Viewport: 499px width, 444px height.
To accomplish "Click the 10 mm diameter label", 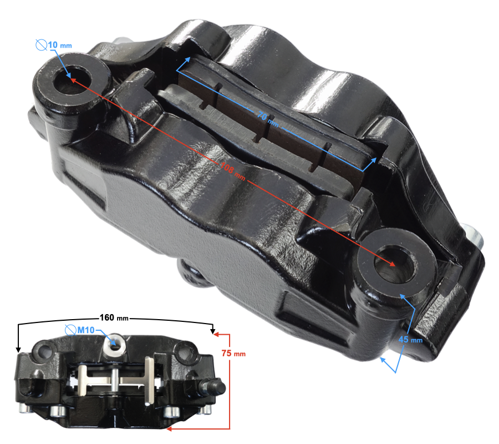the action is pyautogui.click(x=60, y=45).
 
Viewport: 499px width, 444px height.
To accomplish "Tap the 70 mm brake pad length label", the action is pyautogui.click(x=268, y=118).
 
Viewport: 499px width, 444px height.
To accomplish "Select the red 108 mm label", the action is pyautogui.click(x=233, y=171).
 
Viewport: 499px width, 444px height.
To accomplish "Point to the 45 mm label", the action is pyautogui.click(x=410, y=340).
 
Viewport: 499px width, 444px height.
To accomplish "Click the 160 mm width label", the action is pyautogui.click(x=114, y=317).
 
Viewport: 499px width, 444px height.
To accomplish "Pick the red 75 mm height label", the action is pyautogui.click(x=233, y=353).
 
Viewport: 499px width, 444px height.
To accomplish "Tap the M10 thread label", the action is pyautogui.click(x=86, y=330).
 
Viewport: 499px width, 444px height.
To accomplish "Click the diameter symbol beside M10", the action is pyautogui.click(x=70, y=330).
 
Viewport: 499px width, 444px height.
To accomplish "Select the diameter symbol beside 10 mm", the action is pyautogui.click(x=42, y=45).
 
